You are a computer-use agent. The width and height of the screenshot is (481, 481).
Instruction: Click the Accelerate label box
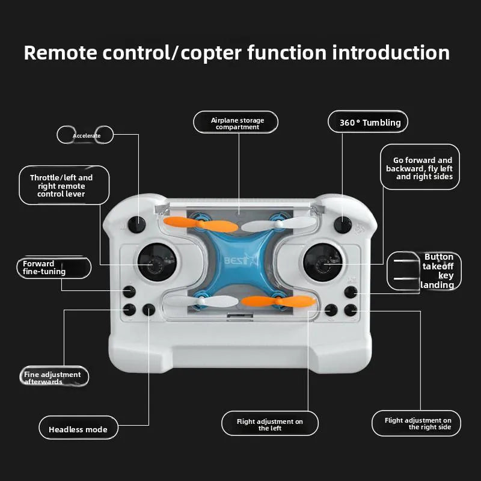pyautogui.click(x=86, y=135)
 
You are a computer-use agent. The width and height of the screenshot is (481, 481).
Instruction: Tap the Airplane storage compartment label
pyautogui.click(x=236, y=123)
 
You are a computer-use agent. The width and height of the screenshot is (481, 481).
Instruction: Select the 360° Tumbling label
pyautogui.click(x=369, y=123)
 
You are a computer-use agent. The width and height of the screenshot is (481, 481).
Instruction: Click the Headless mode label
pyautogui.click(x=78, y=429)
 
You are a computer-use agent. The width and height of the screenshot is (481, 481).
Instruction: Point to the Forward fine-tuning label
pyautogui.click(x=53, y=268)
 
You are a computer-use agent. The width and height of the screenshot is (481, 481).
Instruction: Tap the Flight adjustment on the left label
pyautogui.click(x=270, y=424)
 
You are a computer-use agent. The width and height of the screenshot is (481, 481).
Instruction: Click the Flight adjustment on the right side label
pyautogui.click(x=417, y=423)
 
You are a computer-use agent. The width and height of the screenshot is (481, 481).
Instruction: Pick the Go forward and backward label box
pyautogui.click(x=420, y=168)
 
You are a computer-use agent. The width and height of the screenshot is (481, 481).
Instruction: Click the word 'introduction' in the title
pyautogui.click(x=391, y=53)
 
